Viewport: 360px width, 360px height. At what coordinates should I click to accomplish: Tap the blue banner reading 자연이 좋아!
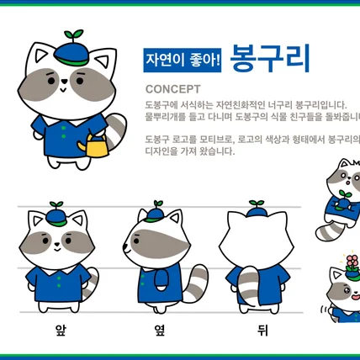point(183,59)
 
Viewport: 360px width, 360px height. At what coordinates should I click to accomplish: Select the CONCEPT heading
point(172,88)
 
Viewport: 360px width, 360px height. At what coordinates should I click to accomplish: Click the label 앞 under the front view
point(61,330)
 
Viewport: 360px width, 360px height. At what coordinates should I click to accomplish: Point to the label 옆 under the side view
point(157,330)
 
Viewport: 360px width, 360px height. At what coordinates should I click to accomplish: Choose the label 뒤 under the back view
point(262,330)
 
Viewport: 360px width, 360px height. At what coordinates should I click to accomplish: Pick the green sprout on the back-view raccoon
point(257,204)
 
